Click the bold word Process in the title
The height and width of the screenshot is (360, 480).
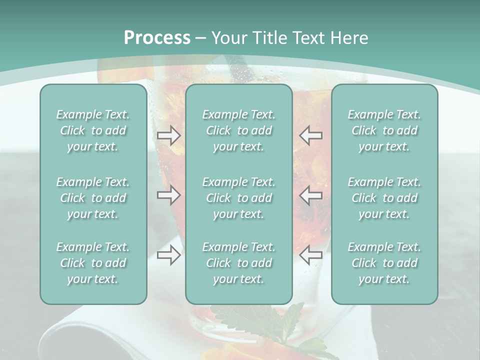click(x=157, y=38)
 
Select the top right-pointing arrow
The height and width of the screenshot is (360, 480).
click(x=168, y=135)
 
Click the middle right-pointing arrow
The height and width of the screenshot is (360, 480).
click(x=168, y=195)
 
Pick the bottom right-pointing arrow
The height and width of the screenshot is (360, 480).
click(x=168, y=255)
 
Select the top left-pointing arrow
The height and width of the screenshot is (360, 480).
click(x=311, y=135)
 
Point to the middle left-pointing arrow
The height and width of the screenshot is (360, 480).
click(x=311, y=195)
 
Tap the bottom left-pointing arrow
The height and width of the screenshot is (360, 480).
click(x=311, y=255)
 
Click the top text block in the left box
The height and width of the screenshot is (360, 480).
click(x=93, y=130)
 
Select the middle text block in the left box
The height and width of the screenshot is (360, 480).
click(x=93, y=198)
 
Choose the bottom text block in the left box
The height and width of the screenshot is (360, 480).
click(x=93, y=263)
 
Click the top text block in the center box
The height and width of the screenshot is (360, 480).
click(x=238, y=130)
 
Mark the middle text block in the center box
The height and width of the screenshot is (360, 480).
click(x=238, y=198)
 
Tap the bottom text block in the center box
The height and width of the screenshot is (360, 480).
click(x=238, y=263)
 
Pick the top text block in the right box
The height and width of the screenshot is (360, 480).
click(x=384, y=130)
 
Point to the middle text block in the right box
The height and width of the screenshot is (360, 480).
click(x=384, y=198)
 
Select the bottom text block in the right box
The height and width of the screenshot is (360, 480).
click(x=384, y=263)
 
